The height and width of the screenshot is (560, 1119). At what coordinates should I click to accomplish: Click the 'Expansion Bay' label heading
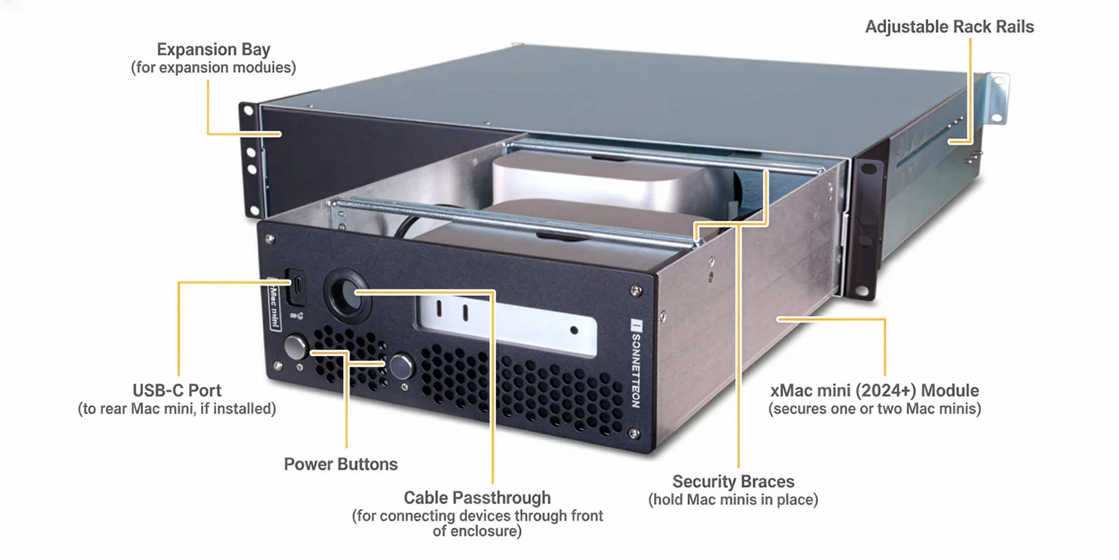(214, 49)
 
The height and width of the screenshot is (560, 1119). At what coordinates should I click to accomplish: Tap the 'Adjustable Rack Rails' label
(949, 27)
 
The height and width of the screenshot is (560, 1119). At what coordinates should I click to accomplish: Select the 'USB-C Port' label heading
(177, 391)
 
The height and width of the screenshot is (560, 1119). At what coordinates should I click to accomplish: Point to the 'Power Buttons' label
(341, 464)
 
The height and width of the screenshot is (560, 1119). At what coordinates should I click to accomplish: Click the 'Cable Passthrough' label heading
(477, 498)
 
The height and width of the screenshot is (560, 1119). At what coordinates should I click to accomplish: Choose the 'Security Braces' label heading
(733, 482)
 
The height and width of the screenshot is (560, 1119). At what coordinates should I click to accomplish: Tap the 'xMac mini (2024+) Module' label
(875, 391)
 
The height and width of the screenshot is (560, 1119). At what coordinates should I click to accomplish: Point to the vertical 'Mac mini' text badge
(274, 304)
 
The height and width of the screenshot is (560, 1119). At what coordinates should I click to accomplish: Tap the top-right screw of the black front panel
(636, 291)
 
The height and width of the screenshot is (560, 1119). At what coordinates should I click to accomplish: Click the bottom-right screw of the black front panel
(633, 433)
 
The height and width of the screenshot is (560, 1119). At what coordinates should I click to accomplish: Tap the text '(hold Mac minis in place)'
(733, 500)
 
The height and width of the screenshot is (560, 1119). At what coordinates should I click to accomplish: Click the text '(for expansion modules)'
(214, 68)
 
